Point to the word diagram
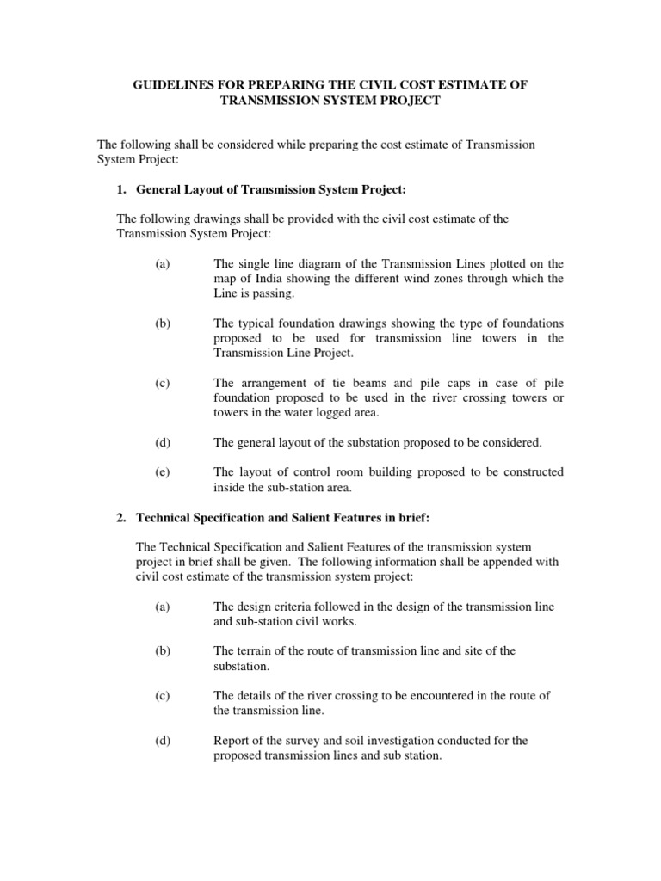point(311,263)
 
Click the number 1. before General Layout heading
point(121,188)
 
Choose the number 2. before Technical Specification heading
point(121,517)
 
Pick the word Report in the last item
point(232,741)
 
